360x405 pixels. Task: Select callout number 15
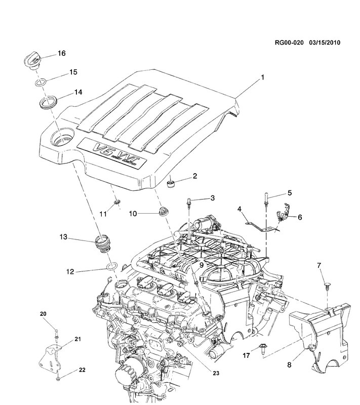(x=73, y=72)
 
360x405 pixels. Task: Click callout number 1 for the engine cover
(x=263, y=78)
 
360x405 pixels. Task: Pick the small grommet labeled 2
(x=172, y=181)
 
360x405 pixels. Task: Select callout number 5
(x=290, y=192)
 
